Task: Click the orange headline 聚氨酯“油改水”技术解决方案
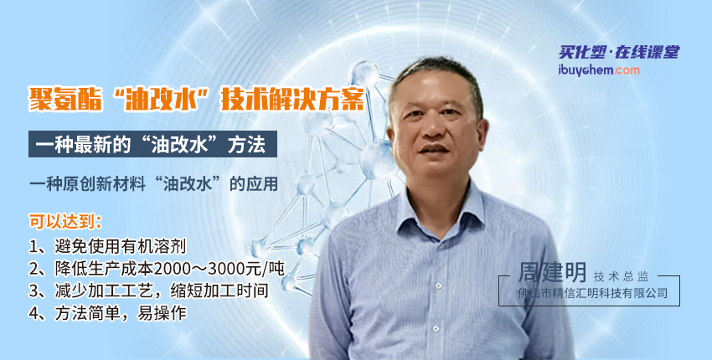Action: (197, 99)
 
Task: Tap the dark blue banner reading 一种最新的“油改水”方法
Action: (152, 144)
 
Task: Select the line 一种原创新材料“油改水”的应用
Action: (153, 184)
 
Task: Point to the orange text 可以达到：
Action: (66, 221)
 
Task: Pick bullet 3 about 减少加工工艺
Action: (149, 291)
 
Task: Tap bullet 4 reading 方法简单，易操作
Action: (107, 313)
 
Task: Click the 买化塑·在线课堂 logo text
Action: (619, 53)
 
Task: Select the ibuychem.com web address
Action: (599, 70)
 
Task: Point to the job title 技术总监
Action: (621, 276)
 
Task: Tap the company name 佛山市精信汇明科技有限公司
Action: (592, 293)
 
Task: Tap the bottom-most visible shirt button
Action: (436, 328)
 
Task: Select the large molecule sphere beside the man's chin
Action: (379, 160)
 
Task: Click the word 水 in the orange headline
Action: (186, 99)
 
